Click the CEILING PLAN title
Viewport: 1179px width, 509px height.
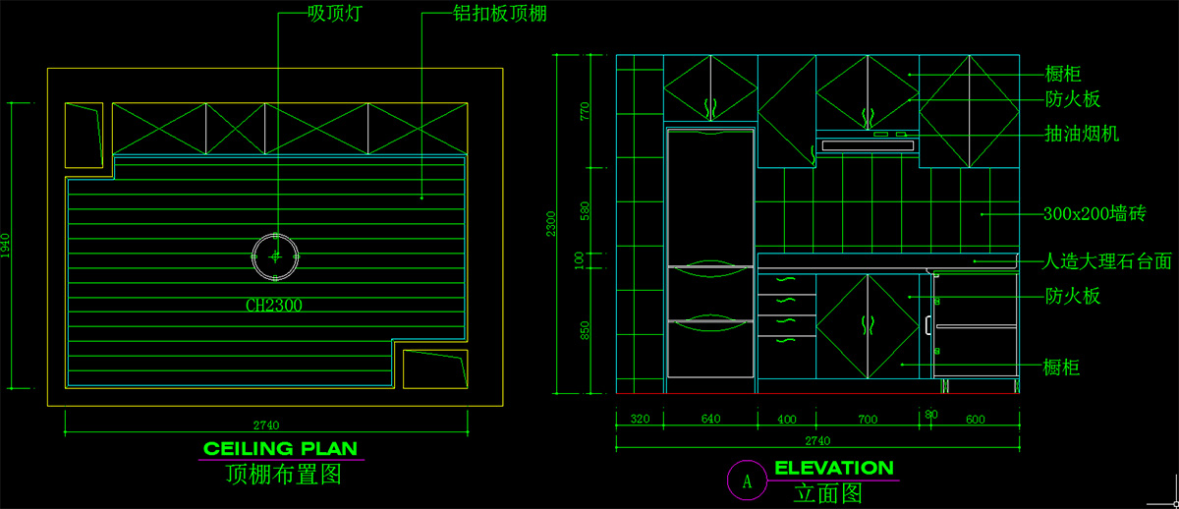(280, 449)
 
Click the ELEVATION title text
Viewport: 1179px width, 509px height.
(834, 469)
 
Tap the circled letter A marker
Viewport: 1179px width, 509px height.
(746, 481)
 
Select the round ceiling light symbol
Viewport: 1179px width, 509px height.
(276, 255)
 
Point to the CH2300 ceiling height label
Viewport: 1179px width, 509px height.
(274, 306)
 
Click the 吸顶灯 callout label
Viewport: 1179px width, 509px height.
(330, 15)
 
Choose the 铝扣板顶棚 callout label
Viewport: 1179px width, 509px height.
(499, 15)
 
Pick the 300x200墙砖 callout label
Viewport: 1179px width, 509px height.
(1095, 213)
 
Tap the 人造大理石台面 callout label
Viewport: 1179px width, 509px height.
(1107, 261)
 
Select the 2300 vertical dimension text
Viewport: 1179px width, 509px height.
(552, 224)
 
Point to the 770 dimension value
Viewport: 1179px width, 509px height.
(586, 110)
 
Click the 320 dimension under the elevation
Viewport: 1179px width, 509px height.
(640, 420)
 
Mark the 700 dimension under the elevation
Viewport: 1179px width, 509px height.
(867, 420)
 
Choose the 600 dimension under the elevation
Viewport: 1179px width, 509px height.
(975, 420)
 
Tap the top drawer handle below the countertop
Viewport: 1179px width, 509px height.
(786, 282)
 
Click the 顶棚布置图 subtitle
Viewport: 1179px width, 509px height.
(283, 476)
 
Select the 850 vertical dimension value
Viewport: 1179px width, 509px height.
(586, 331)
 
